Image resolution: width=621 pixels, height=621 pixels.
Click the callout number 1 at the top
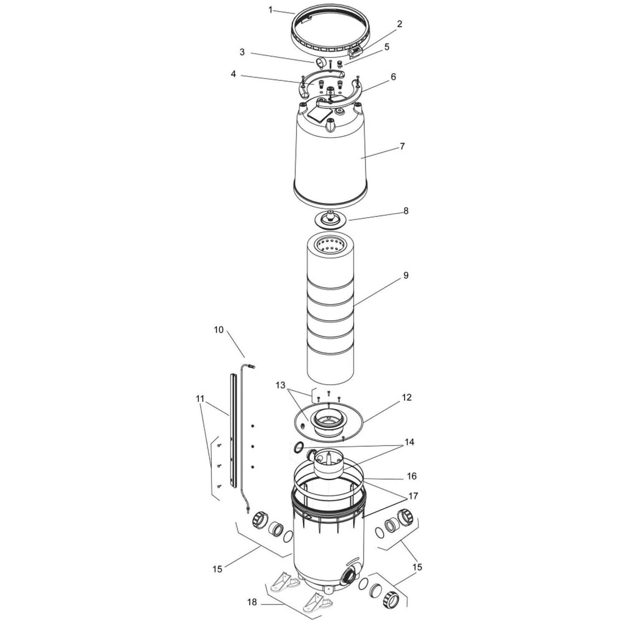point(270,10)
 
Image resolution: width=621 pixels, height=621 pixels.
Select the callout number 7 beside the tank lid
point(402,146)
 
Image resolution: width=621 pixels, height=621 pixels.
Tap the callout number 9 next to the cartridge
point(406,275)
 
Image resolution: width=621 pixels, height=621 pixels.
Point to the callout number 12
point(407,397)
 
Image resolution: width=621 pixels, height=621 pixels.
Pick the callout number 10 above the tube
point(219,330)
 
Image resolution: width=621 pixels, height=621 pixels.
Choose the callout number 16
point(412,476)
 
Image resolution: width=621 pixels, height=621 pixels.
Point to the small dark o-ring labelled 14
point(298,448)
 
